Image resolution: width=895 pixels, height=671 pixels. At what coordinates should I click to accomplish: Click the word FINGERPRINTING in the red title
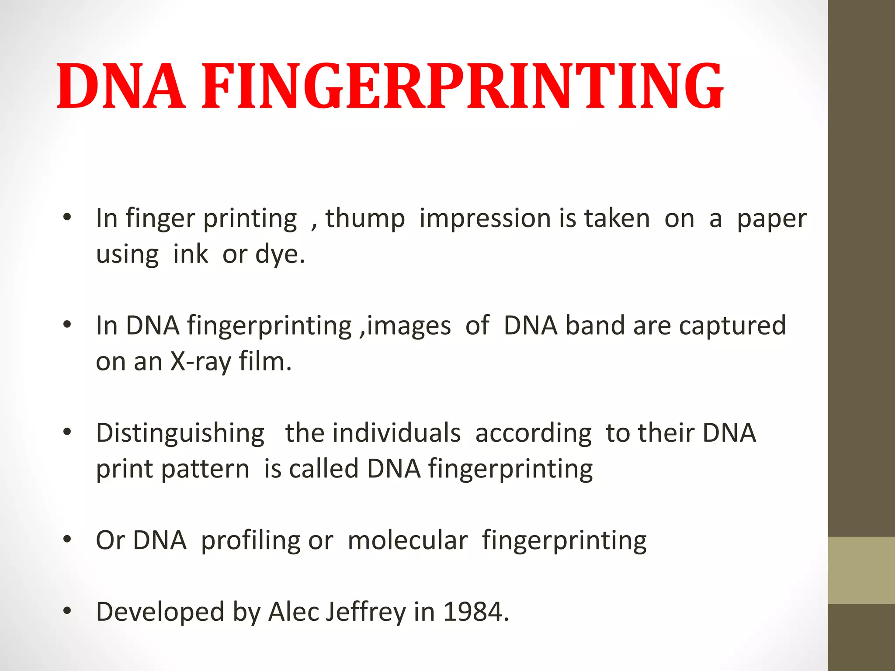(462, 86)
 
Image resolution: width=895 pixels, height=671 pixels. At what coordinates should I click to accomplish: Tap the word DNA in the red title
(121, 86)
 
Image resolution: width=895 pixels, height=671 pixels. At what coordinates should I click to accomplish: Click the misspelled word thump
(365, 218)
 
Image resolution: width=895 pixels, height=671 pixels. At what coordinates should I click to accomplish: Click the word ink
(191, 254)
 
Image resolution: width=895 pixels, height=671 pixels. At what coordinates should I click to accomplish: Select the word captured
(732, 326)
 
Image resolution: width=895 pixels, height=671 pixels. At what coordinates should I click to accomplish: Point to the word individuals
(396, 433)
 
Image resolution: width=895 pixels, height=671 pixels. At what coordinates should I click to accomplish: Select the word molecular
(408, 540)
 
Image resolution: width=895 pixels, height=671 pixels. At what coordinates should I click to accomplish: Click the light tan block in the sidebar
(861, 570)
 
